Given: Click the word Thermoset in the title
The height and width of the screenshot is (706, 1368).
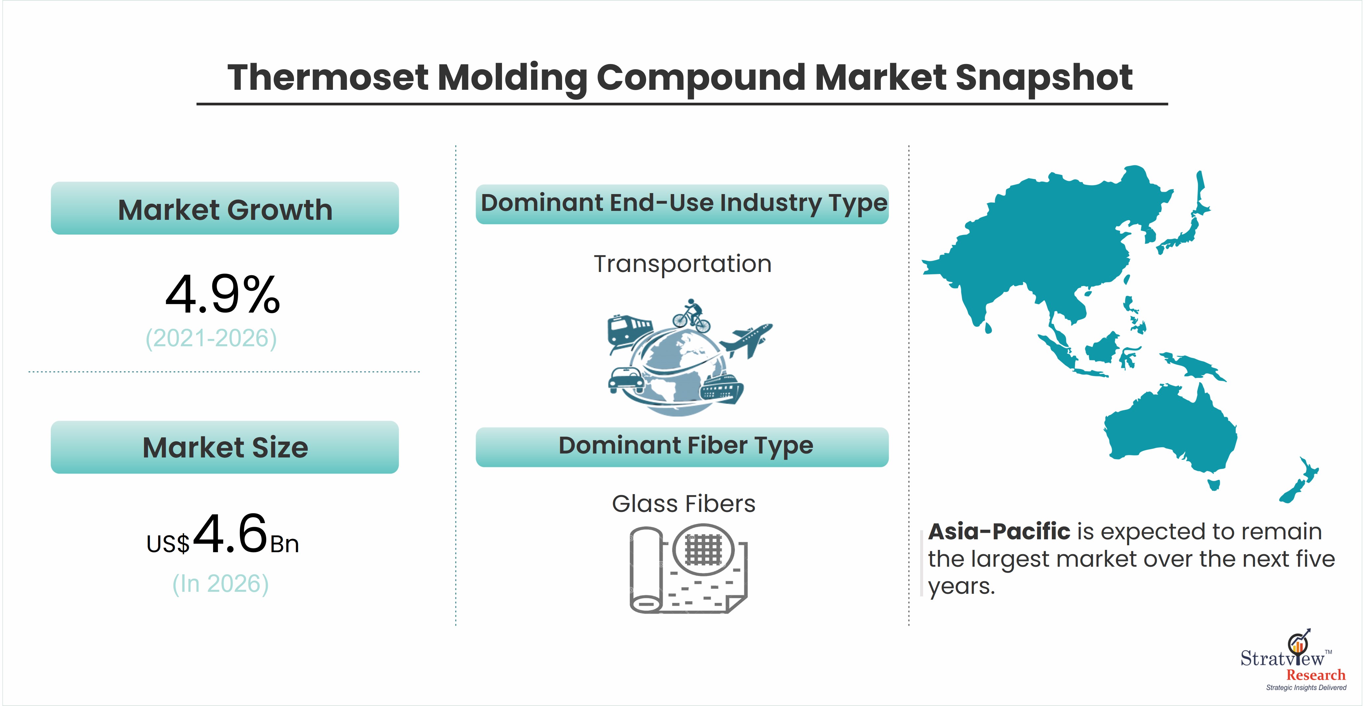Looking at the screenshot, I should [x=327, y=78].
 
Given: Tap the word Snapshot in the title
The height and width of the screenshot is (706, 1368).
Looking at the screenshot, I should [x=1044, y=78].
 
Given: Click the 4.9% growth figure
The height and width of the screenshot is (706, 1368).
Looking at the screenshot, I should [x=223, y=295].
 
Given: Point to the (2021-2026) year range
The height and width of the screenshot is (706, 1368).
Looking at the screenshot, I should [x=211, y=338].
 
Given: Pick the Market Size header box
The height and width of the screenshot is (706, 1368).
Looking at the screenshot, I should [x=225, y=447].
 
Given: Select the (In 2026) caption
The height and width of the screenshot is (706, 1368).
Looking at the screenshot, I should [x=220, y=583].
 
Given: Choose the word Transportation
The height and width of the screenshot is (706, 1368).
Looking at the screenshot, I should [x=682, y=264].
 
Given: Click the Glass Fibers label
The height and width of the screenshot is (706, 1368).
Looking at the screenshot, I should [x=683, y=504].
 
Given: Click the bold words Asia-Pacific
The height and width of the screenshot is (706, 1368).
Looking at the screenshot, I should [x=999, y=531].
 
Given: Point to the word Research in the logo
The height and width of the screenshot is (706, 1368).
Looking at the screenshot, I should [x=1315, y=675].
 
